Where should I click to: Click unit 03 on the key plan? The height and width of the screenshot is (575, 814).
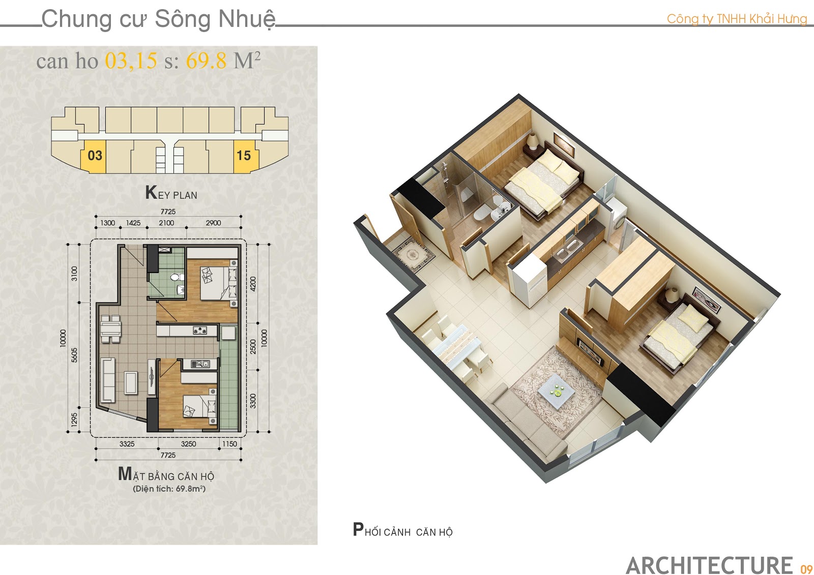click(x=94, y=157)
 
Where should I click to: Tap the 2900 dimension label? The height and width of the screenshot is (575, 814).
click(x=213, y=223)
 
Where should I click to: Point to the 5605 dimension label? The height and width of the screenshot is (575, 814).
click(x=74, y=355)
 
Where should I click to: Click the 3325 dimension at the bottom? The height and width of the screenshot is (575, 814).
click(x=127, y=443)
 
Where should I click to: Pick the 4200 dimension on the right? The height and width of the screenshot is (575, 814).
click(x=253, y=284)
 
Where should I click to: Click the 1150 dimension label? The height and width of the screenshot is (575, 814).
click(x=229, y=443)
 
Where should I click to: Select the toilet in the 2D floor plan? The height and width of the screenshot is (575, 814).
click(x=177, y=278)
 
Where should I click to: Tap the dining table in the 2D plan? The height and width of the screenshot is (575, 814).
click(x=110, y=328)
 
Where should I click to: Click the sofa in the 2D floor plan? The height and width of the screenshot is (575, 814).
click(x=107, y=380)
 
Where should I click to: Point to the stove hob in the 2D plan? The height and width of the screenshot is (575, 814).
click(x=199, y=330)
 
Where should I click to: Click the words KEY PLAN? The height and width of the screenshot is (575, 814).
click(x=171, y=193)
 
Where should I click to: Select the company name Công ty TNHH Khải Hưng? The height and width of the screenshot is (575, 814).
click(x=737, y=19)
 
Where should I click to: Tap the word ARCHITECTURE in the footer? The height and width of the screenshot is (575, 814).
click(x=710, y=565)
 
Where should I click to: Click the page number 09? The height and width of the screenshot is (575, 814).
click(x=806, y=568)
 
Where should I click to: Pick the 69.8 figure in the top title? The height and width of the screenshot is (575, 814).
click(x=206, y=60)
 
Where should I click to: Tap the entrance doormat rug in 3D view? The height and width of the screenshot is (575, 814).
click(x=414, y=254)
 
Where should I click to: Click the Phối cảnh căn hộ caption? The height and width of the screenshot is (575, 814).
click(x=402, y=530)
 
